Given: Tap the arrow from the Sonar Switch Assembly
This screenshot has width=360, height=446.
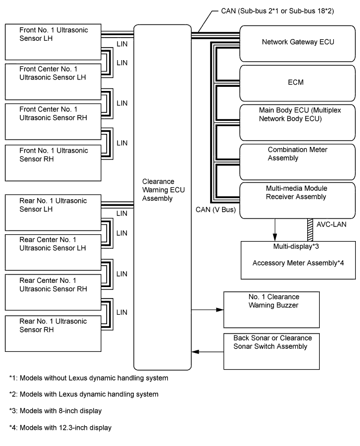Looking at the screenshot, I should pos(207,351).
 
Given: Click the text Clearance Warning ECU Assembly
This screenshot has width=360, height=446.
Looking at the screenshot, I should pos(163,190).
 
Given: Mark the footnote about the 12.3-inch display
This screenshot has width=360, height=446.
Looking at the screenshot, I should pos(60,428).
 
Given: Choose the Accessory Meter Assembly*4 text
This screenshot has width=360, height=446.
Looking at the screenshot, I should pos(297,262).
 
